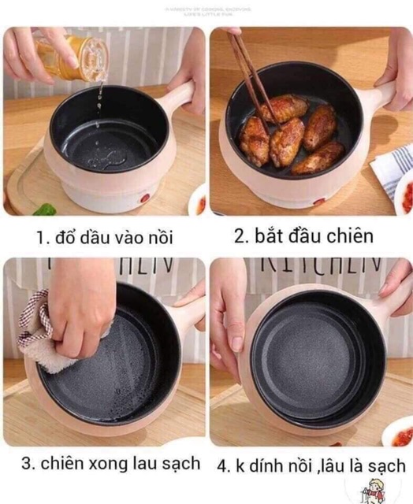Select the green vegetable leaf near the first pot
[x=44, y=209]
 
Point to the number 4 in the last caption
[x=223, y=464]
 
